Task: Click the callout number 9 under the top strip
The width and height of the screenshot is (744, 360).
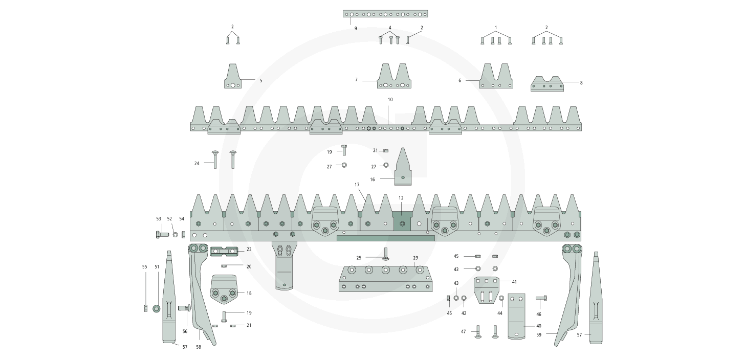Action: coord(356,29)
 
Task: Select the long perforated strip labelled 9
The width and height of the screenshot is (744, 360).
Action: coord(385,14)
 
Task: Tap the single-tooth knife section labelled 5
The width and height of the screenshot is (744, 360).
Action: coord(232,78)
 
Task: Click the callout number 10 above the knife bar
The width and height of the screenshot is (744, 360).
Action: coord(390,99)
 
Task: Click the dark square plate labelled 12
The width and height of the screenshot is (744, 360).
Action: coord(402,220)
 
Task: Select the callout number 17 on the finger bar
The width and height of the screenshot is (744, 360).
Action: coord(357,185)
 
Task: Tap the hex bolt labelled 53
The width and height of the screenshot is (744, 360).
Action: coord(162,235)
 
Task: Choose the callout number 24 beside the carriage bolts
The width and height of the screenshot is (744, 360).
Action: coord(196,163)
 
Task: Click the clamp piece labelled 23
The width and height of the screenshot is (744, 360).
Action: coord(224,251)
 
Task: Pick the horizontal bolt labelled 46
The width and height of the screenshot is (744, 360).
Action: coord(541,298)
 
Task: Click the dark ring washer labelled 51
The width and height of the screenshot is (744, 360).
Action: coord(157,308)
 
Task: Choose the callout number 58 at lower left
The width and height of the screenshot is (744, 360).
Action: coord(199,347)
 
